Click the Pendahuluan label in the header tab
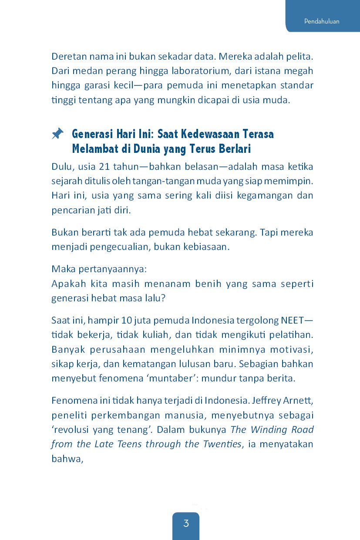(322, 21)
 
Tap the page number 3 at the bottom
(186, 523)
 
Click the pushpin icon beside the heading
(57, 134)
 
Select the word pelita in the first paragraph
(300, 57)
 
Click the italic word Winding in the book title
(265, 429)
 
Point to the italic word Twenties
(220, 444)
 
